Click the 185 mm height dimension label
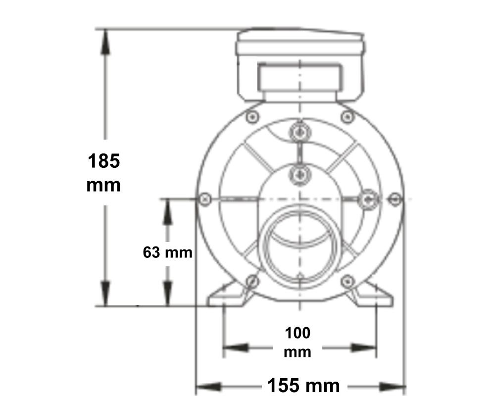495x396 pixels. [103, 173]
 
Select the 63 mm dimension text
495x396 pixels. [167, 252]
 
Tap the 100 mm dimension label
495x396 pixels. [297, 342]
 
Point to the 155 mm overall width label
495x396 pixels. [303, 385]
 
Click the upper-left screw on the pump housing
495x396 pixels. [252, 117]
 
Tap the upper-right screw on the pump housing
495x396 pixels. [346, 117]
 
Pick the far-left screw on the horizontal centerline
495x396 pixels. [205, 199]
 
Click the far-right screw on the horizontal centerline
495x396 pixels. [395, 199]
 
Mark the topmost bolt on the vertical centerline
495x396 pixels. [299, 132]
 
